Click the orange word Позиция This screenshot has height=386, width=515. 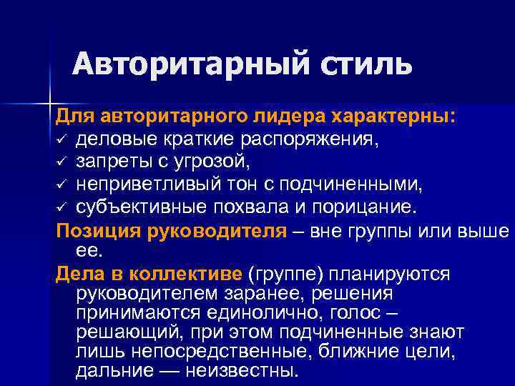(x=90, y=231)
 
